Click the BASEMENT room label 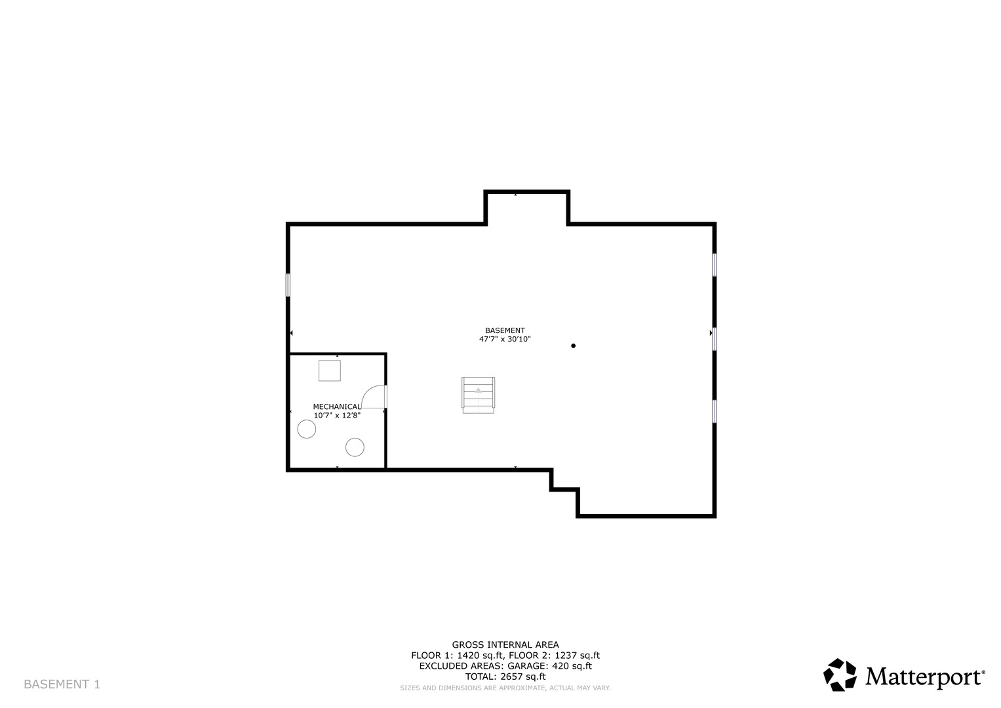(505, 330)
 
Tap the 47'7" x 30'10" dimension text (505, 340)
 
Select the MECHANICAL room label (337, 406)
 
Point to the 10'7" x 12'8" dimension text (337, 415)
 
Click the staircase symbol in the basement (479, 395)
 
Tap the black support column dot (573, 345)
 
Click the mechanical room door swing (374, 397)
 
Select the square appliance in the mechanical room (330, 370)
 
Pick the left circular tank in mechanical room (307, 429)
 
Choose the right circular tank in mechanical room (355, 447)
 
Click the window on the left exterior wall (288, 285)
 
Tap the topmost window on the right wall (715, 264)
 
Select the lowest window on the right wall (715, 410)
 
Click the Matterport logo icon (840, 675)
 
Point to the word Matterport (924, 677)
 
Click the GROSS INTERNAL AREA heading (505, 644)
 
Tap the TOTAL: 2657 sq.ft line (505, 677)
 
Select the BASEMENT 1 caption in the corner (62, 684)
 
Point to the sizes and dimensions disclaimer (505, 688)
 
